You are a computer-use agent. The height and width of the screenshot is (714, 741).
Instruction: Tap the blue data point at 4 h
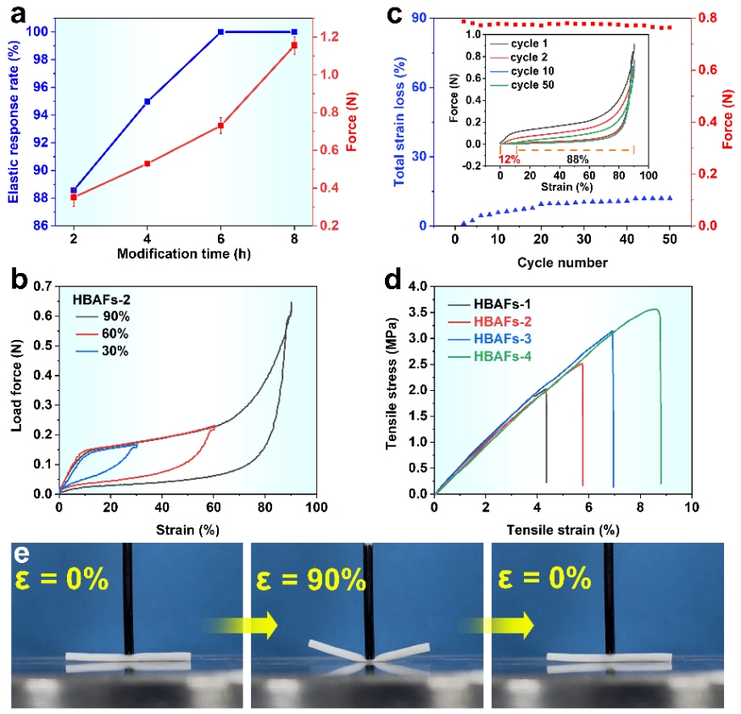pos(148,101)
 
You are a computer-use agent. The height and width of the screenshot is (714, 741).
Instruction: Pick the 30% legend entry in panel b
pos(114,351)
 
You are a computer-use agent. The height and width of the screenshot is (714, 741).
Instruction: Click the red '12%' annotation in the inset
pos(508,159)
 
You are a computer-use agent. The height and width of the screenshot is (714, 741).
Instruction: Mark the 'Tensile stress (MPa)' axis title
pos(391,390)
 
